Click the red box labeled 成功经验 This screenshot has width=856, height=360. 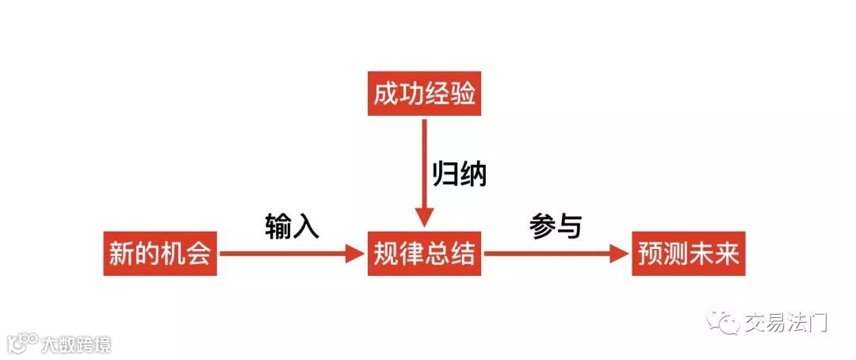[x=424, y=95]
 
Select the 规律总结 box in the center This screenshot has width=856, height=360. [x=424, y=254]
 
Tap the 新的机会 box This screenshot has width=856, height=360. [x=160, y=254]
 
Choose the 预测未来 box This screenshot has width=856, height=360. [x=688, y=254]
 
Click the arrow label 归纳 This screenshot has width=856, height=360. [x=459, y=174]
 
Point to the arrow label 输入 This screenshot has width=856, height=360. [x=292, y=227]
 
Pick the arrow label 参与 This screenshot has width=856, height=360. [x=556, y=227]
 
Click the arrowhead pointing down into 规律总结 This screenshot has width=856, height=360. [x=424, y=217]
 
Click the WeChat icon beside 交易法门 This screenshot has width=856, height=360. [x=724, y=322]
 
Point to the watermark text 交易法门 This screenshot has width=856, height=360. [x=785, y=323]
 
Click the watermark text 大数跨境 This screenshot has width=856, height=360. [x=77, y=343]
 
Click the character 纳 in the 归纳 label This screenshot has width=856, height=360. [x=473, y=174]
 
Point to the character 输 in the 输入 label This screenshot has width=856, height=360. [x=278, y=227]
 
